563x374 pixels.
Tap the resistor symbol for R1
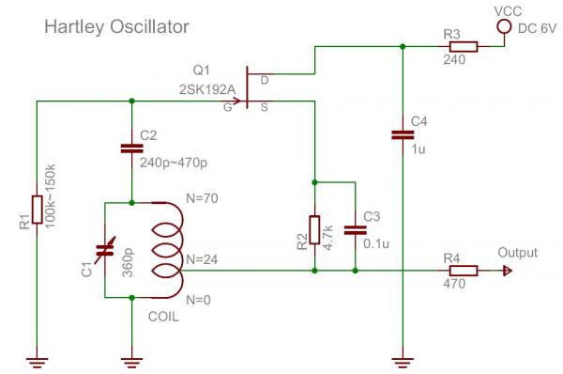pos(36,210)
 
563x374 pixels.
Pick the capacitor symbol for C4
pos(402,135)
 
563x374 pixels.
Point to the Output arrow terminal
pos(507,272)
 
